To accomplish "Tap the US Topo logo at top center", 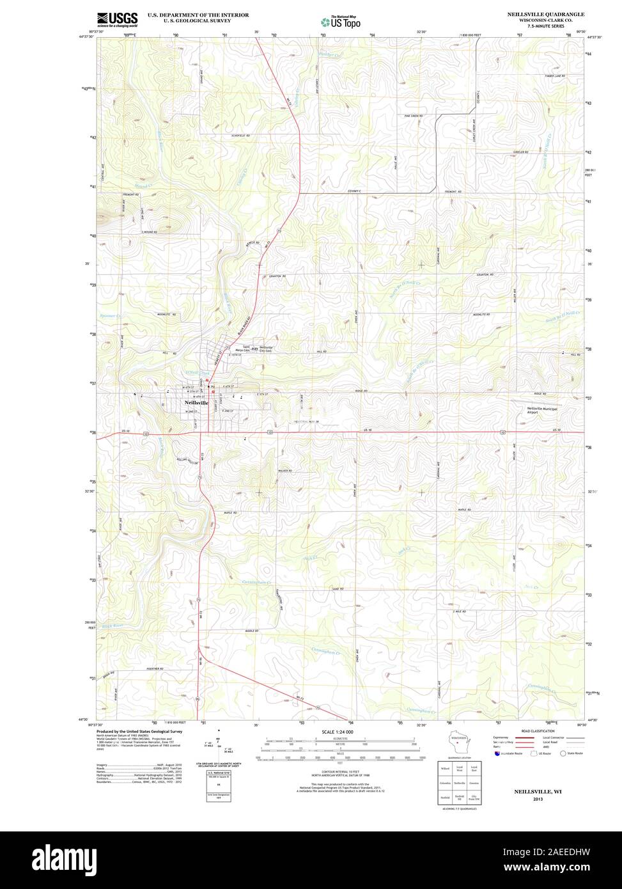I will click(x=341, y=21).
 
